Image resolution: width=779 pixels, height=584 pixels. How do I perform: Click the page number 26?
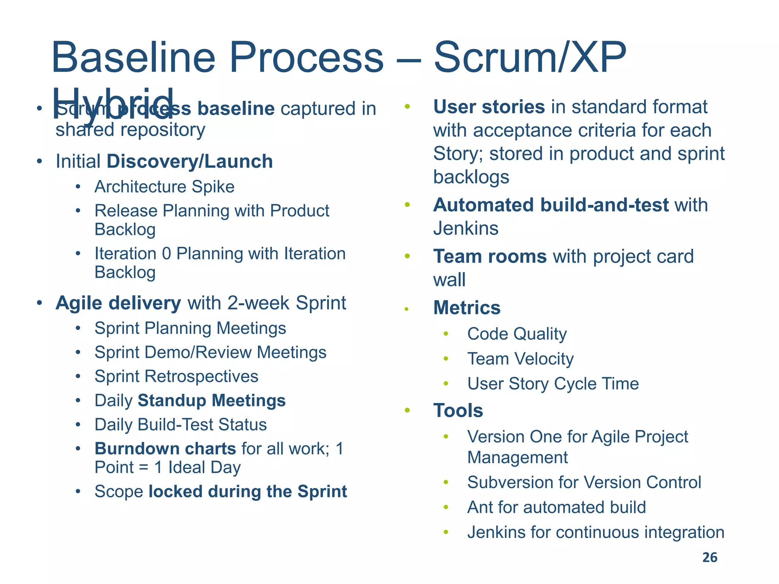point(709,557)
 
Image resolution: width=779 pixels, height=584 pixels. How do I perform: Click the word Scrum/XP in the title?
point(529,58)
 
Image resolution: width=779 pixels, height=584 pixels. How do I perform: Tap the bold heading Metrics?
point(467,308)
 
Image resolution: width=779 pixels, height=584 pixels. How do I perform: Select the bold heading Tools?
point(458,411)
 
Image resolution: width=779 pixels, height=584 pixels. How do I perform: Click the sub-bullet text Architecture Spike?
point(164,187)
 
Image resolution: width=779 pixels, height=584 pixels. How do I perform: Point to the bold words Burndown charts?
point(165,449)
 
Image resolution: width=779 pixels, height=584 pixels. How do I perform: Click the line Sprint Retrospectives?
point(176,376)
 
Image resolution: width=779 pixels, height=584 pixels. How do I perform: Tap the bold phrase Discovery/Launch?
point(190,161)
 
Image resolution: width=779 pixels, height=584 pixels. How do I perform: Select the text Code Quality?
point(517,334)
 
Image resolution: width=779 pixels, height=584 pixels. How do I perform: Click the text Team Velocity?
point(520,359)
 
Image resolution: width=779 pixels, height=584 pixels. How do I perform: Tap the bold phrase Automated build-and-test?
point(550,205)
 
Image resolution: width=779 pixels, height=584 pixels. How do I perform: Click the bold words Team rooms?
point(490,256)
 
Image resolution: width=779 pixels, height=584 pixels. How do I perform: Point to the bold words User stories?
point(489,107)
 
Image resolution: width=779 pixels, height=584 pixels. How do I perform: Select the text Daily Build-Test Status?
point(180,425)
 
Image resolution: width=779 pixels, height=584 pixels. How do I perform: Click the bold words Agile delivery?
point(118,303)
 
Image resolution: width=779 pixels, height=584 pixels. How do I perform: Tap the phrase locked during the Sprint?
point(248,491)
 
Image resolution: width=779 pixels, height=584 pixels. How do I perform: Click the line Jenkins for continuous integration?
point(595,532)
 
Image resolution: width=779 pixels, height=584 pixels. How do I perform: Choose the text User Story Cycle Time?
point(553,384)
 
